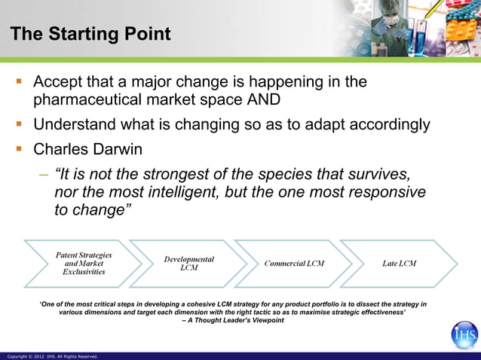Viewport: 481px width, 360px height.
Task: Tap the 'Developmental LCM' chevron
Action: click(x=188, y=264)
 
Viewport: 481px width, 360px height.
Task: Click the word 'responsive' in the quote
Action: click(x=384, y=192)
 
